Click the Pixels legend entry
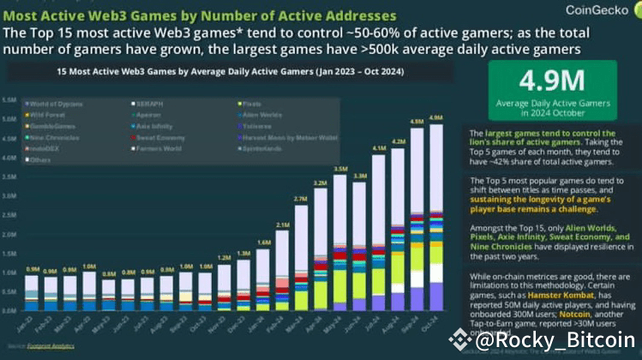[x=249, y=104]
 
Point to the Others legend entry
[x=43, y=159]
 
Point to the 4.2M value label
[x=398, y=141]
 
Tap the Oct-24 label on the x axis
[x=435, y=327]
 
